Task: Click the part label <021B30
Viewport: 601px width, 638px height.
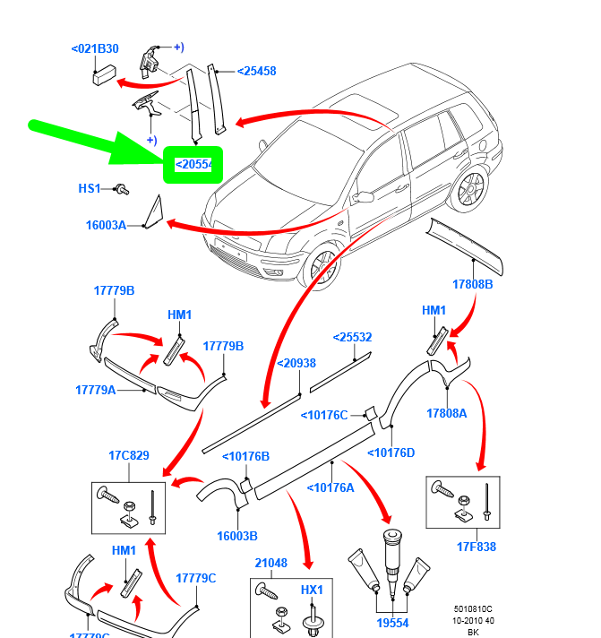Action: (x=95, y=48)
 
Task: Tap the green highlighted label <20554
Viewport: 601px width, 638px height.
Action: (x=193, y=164)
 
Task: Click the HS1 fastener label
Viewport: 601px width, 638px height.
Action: (x=90, y=188)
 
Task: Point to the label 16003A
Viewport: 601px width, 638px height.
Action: (x=106, y=226)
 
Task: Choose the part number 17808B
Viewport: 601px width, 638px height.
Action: (x=472, y=284)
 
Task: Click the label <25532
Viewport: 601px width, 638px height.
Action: (x=352, y=338)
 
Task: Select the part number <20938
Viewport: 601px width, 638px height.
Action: (x=296, y=363)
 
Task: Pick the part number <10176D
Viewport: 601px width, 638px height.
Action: (x=391, y=453)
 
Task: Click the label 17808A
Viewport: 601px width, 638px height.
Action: (x=447, y=414)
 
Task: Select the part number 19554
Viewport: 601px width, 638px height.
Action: (x=391, y=623)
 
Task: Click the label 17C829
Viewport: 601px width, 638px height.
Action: (x=129, y=455)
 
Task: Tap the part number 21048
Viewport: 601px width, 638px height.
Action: (x=270, y=563)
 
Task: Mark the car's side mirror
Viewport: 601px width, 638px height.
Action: (x=363, y=197)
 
